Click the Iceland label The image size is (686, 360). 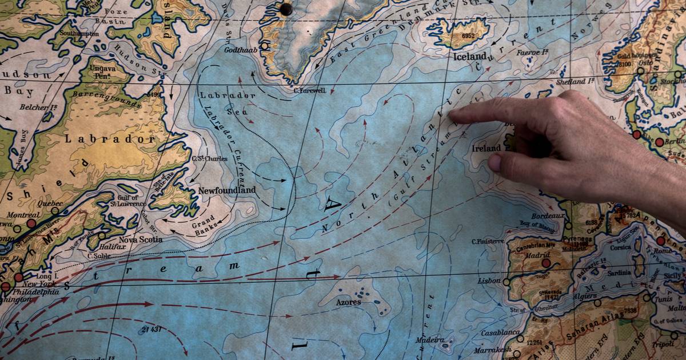tap(469, 57)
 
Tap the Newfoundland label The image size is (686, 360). tap(227, 190)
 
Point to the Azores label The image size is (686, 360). tap(348, 302)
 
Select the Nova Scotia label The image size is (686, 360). tap(141, 239)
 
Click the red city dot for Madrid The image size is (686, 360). tap(546, 263)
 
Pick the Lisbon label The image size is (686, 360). tap(489, 281)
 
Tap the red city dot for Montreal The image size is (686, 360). tap(31, 223)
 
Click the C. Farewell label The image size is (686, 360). tap(309, 90)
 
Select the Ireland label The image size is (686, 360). tap(486, 148)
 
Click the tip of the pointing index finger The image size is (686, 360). tap(451, 115)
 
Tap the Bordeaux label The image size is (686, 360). tap(548, 216)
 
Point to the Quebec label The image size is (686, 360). tap(49, 203)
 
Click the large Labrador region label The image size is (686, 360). tap(109, 139)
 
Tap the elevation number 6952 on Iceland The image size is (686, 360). tap(468, 35)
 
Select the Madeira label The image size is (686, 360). tap(429, 340)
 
